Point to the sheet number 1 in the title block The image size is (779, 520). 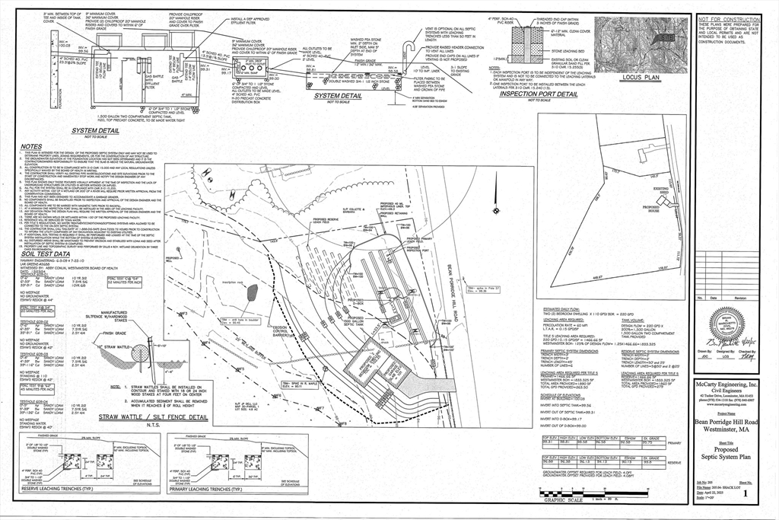click(755, 493)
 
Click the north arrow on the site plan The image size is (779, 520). click(496, 208)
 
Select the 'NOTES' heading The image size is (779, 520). click(32, 146)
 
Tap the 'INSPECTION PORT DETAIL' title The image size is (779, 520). click(539, 94)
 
